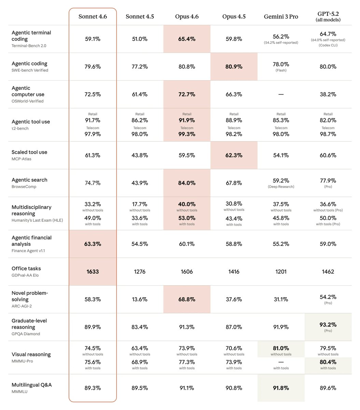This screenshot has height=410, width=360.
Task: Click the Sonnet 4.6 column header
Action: (x=93, y=16)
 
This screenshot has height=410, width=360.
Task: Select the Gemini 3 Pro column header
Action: (x=281, y=16)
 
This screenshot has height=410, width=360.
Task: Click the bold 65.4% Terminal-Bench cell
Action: (x=187, y=39)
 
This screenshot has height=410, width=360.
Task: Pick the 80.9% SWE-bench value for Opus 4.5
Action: (x=234, y=67)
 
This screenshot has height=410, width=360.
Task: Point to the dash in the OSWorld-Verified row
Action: (x=281, y=94)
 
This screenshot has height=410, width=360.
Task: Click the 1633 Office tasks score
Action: (x=93, y=272)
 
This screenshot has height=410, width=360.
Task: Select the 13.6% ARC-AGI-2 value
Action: (x=140, y=299)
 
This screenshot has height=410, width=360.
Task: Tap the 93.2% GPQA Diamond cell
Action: (x=328, y=324)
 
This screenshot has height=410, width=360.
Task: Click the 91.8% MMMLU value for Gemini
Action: (x=281, y=388)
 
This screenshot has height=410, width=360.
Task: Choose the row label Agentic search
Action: (x=29, y=180)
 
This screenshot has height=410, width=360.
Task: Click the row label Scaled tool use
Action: (x=29, y=152)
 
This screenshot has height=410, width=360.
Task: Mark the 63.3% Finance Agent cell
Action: (x=93, y=244)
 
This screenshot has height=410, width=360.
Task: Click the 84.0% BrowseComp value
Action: (x=187, y=183)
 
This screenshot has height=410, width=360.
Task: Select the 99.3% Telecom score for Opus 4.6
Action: (x=187, y=134)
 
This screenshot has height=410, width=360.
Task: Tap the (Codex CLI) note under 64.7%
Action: (x=328, y=45)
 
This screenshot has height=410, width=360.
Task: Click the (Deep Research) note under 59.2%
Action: (x=281, y=187)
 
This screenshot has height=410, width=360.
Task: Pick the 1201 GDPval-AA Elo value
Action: (x=281, y=272)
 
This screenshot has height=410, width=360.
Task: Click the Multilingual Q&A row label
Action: (x=32, y=385)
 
